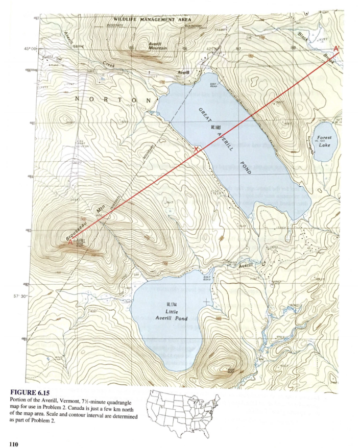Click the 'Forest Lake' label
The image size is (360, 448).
tap(324, 141)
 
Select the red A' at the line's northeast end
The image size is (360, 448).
tap(337, 48)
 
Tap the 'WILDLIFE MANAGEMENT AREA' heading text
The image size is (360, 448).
tap(149, 19)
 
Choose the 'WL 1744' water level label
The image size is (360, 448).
tap(171, 305)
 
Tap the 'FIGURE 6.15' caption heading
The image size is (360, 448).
tap(32, 392)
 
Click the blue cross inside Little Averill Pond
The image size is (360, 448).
tap(206, 302)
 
